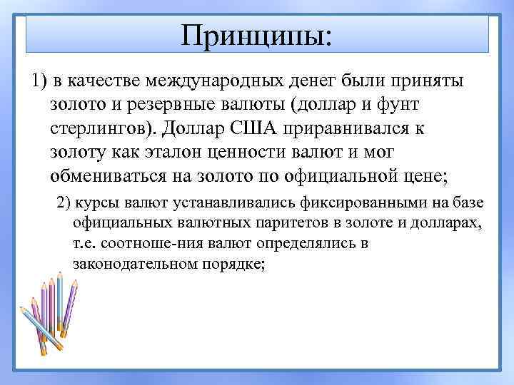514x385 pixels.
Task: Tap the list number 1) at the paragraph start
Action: pyautogui.click(x=39, y=81)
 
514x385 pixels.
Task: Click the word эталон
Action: pyautogui.click(x=169, y=152)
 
